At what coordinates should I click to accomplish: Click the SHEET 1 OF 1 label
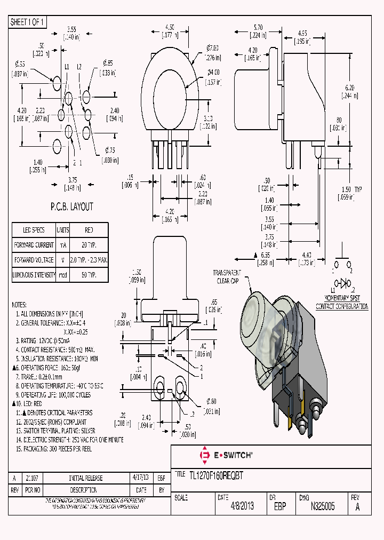28,22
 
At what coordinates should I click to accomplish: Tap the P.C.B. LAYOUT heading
71,207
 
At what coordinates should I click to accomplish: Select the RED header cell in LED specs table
89,230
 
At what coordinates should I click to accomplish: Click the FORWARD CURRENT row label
34,245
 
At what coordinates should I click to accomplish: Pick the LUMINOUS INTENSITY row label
34,275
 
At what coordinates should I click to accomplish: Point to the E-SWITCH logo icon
204,456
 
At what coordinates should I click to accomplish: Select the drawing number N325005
322,506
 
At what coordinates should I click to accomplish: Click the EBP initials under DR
279,506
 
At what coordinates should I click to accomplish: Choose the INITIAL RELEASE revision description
86,478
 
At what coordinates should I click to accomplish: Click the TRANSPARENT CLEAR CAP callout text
227,276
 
